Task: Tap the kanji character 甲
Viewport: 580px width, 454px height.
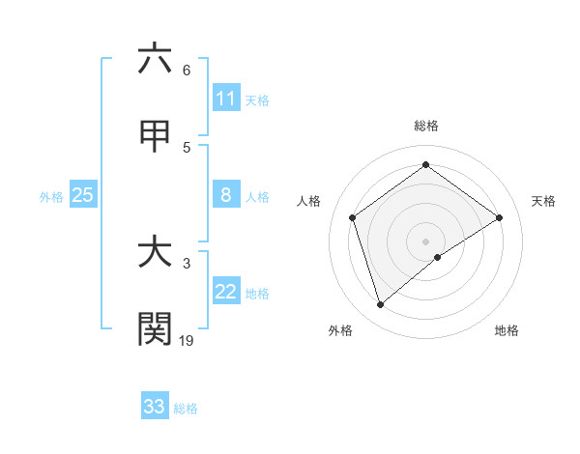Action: coord(155,137)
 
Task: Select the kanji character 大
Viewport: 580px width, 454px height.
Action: coord(155,252)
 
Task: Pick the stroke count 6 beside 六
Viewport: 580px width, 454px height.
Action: coord(186,70)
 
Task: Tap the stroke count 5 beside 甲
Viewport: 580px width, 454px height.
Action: coord(186,147)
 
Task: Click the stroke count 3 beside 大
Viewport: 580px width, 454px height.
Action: coord(186,263)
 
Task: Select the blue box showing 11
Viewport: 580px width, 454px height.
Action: coord(226,99)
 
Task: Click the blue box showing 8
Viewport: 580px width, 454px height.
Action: coord(226,195)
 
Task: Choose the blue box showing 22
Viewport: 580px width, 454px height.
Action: coord(226,292)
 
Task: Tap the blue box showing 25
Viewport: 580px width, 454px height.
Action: coord(83,195)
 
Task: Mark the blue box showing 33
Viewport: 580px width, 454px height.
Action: coord(155,407)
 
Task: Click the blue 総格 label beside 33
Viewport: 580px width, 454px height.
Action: coord(186,409)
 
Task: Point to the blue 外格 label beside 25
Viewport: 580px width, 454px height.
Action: coord(51,197)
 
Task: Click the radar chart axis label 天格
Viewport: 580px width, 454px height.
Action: coord(544,201)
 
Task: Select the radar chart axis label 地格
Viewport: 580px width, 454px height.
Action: coord(507,331)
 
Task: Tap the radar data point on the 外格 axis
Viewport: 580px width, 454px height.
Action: coord(380,305)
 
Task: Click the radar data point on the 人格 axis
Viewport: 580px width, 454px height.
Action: coord(352,217)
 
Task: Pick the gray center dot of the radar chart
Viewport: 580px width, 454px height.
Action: coord(425,241)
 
